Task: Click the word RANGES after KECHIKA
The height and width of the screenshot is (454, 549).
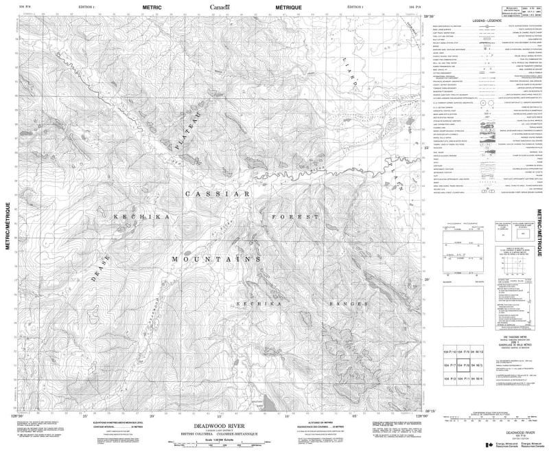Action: (336, 303)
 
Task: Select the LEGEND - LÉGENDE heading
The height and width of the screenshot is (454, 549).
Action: (488, 23)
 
